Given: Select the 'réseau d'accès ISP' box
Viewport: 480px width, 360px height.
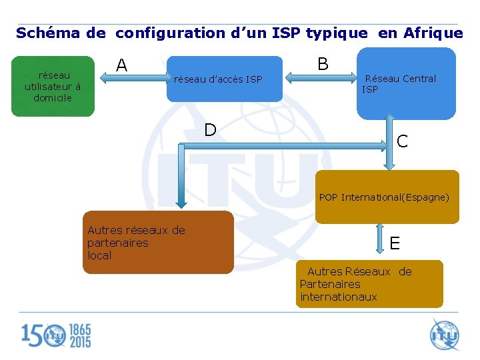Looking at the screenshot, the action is click(x=224, y=80).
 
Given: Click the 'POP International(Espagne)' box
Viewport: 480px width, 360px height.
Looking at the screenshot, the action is click(x=387, y=197).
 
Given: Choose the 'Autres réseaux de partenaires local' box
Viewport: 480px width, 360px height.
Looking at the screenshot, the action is click(x=157, y=243).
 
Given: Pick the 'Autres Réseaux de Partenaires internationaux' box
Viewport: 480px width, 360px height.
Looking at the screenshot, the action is click(x=369, y=284).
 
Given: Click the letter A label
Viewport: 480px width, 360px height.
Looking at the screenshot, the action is click(x=121, y=65).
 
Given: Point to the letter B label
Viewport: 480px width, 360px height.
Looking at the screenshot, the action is click(x=323, y=64).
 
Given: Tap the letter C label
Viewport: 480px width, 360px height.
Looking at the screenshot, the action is click(x=402, y=141).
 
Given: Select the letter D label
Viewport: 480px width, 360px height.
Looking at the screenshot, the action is click(x=210, y=130).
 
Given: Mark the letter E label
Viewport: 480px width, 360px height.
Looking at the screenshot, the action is click(x=395, y=243).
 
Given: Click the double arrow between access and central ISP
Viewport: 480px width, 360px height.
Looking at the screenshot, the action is click(x=323, y=79).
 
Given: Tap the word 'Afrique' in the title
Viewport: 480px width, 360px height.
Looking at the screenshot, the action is click(x=433, y=33).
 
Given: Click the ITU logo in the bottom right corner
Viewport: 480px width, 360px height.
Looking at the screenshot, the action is click(x=444, y=335).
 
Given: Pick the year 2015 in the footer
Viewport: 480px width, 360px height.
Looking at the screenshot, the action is click(x=80, y=342).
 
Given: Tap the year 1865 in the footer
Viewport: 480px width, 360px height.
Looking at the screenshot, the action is click(x=80, y=330).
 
